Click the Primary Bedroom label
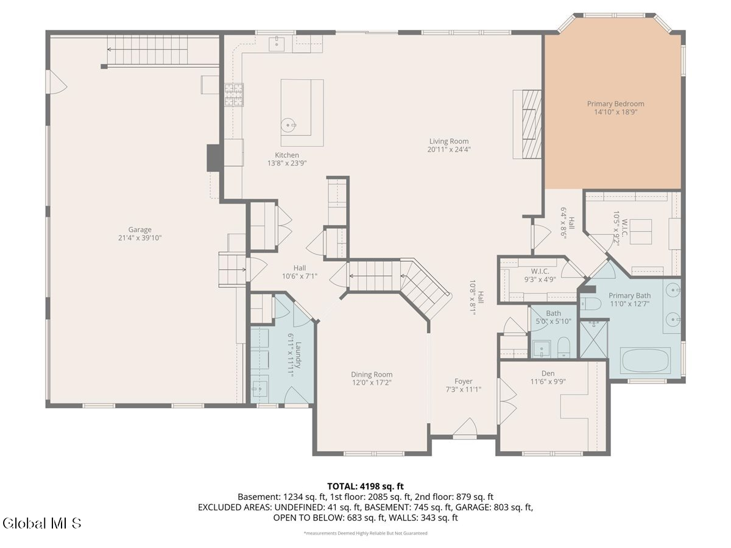click(615, 104)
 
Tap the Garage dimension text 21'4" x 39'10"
click(139, 238)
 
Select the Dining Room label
click(372, 374)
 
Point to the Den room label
click(548, 374)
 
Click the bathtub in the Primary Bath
click(645, 360)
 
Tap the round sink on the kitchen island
click(288, 126)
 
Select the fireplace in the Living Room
click(528, 124)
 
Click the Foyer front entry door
click(465, 429)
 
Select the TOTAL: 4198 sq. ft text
click(365, 486)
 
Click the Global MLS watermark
click(41, 523)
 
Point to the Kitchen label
click(286, 155)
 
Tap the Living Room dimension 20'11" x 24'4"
click(450, 149)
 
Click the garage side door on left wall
click(55, 82)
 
